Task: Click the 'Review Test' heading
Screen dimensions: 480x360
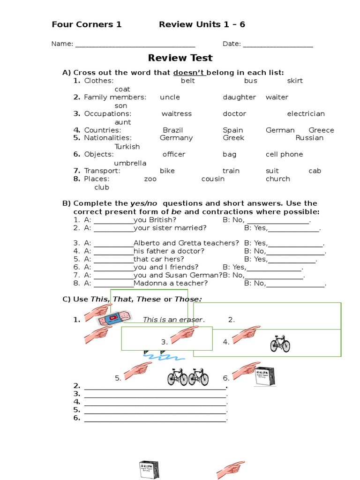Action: (180, 58)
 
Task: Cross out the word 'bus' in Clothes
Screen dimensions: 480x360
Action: (251, 81)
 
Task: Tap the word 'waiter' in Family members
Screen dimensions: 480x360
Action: (277, 97)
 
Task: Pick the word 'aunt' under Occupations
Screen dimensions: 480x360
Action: (123, 122)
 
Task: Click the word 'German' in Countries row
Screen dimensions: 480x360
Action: (280, 130)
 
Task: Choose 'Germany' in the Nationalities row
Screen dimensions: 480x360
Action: (176, 138)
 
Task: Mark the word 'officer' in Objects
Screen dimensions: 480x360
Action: (174, 154)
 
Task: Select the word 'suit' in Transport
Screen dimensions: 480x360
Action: (272, 171)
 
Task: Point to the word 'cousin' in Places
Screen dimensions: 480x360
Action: (213, 179)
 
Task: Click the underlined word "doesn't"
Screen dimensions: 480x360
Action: (189, 72)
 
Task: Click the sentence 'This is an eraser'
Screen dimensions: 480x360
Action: (173, 320)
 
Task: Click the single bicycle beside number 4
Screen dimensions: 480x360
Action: (280, 344)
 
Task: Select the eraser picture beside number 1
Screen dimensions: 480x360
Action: (112, 320)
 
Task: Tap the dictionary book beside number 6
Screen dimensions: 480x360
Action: (265, 376)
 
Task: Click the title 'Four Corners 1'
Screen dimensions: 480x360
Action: (87, 24)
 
